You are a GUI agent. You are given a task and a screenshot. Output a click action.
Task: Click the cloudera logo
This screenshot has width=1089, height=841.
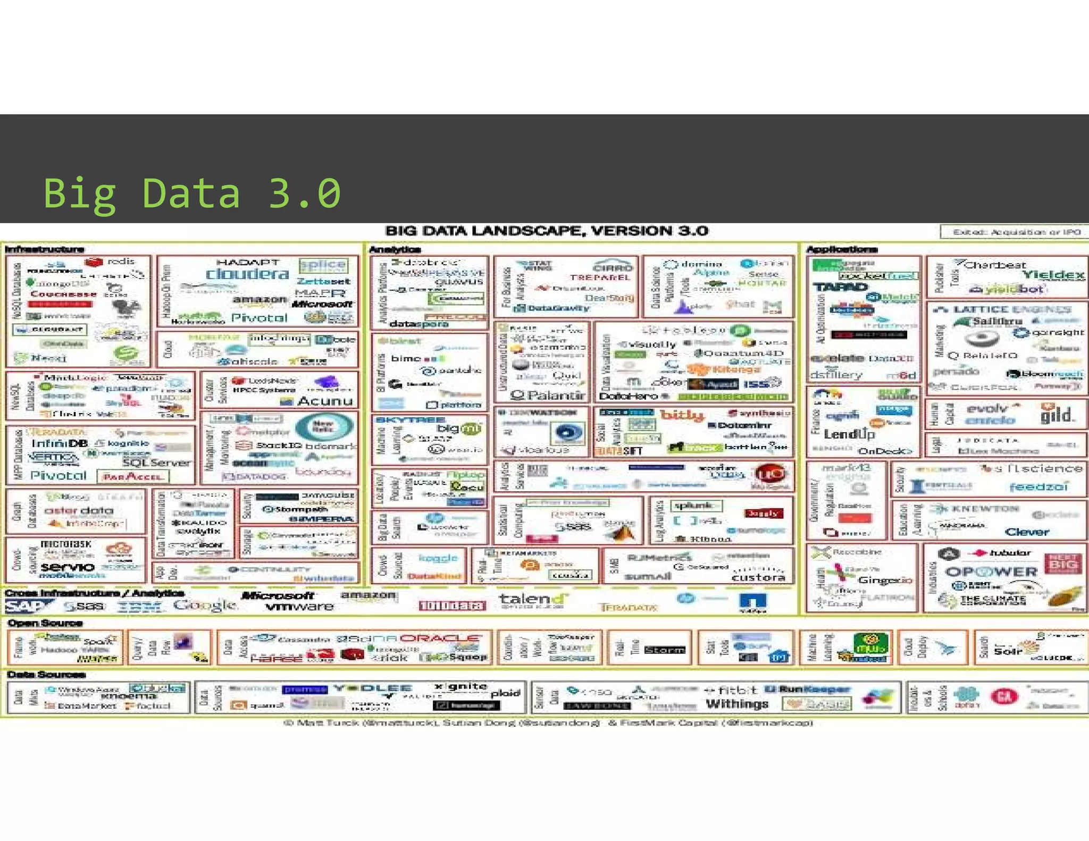pyautogui.click(x=248, y=274)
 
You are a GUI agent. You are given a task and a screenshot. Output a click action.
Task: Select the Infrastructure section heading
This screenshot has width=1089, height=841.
pyautogui.click(x=45, y=249)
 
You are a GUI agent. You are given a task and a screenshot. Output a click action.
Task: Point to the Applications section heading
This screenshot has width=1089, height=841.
pyautogui.click(x=842, y=249)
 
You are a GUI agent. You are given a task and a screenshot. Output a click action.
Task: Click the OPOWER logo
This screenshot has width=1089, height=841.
pyautogui.click(x=991, y=572)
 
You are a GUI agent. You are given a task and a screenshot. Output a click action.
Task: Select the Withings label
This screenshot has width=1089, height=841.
pyautogui.click(x=737, y=704)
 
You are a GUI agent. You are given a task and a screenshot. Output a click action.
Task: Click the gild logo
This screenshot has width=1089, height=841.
pyautogui.click(x=1056, y=415)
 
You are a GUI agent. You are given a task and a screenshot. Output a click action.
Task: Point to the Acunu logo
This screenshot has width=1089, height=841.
pyautogui.click(x=325, y=401)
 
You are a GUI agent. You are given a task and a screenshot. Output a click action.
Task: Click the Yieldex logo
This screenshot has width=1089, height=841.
pyautogui.click(x=1053, y=274)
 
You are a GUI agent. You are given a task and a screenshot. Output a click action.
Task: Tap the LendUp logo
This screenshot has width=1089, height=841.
pyautogui.click(x=849, y=434)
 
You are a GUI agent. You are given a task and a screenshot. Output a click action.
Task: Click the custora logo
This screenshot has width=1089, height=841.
pyautogui.click(x=758, y=577)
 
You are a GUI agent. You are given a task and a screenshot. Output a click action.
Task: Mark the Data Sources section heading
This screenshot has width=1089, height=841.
pyautogui.click(x=47, y=675)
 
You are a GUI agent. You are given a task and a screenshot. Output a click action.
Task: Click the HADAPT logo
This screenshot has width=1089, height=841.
pyautogui.click(x=248, y=262)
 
